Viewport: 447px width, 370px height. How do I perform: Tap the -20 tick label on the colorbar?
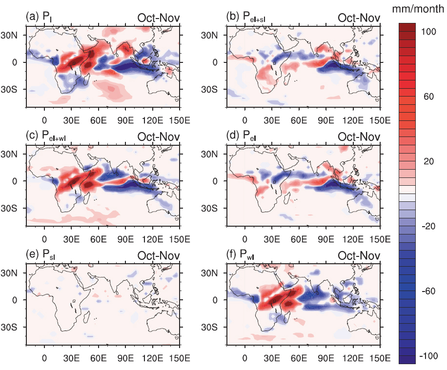(x=428, y=227)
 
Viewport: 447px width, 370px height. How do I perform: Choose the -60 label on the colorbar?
(x=428, y=292)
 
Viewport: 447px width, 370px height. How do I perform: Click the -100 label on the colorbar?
(x=428, y=356)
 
